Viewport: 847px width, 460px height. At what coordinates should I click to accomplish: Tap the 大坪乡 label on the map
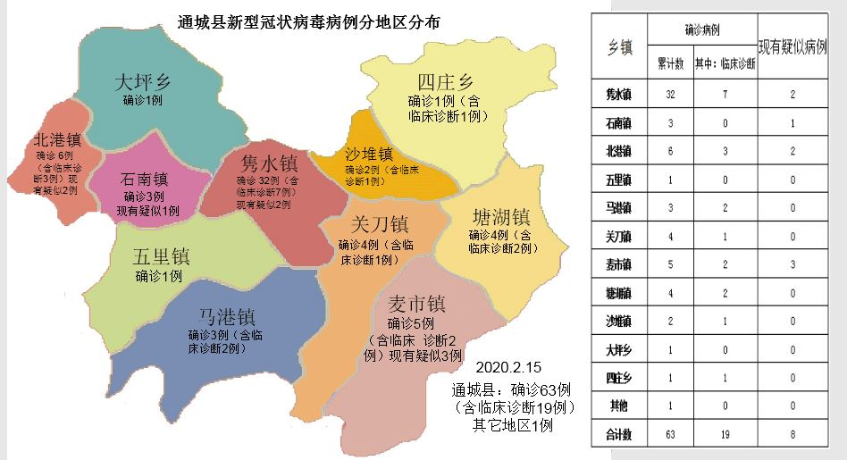(143, 82)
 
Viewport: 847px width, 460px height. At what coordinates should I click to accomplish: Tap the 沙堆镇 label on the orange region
(368, 155)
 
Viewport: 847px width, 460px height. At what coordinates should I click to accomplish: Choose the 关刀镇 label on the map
(380, 224)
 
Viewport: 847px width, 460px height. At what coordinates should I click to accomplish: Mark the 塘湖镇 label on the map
(500, 217)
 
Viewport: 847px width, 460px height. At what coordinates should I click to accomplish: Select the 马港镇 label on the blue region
(227, 316)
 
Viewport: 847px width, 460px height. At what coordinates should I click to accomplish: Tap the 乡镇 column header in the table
(619, 47)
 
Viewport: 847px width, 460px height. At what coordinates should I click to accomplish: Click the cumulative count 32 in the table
(670, 94)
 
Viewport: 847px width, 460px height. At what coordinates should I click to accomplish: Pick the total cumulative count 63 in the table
(670, 435)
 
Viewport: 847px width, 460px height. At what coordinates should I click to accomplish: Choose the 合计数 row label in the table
(619, 435)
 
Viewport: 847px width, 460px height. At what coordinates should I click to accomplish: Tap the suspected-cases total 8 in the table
(792, 435)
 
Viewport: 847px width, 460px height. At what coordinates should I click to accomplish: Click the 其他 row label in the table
(618, 406)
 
